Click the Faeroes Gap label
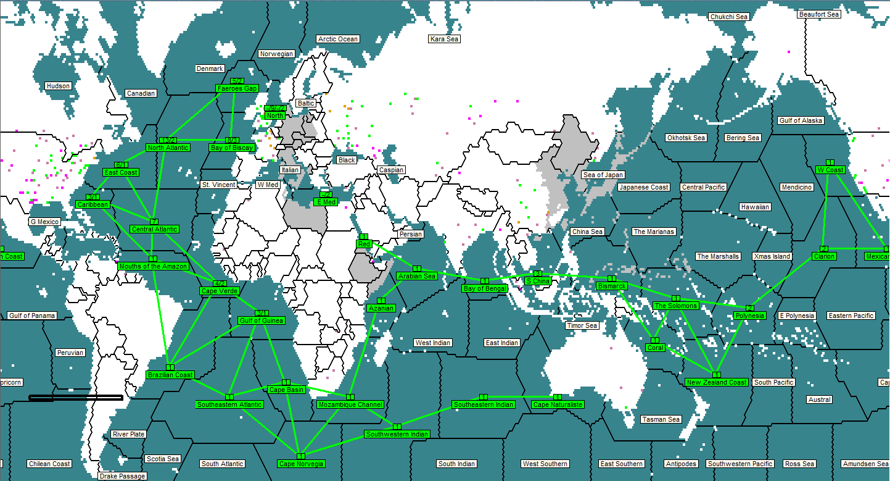pyautogui.click(x=237, y=88)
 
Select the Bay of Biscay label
pyautogui.click(x=232, y=148)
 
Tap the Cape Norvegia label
pyautogui.click(x=301, y=464)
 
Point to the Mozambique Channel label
pyautogui.click(x=350, y=404)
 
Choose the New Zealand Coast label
pyautogui.click(x=717, y=382)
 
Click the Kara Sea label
pyautogui.click(x=445, y=39)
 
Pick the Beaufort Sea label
pyautogui.click(x=819, y=14)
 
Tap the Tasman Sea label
pyautogui.click(x=661, y=419)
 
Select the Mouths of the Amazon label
pyautogui.click(x=153, y=266)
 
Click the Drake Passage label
pyautogui.click(x=123, y=476)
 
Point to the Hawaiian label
pyautogui.click(x=755, y=207)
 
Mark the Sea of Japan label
pyautogui.click(x=603, y=175)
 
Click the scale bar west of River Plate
pyautogui.click(x=76, y=398)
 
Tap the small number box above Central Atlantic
pyautogui.click(x=154, y=222)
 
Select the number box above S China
pyautogui.click(x=537, y=274)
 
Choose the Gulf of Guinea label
pyautogui.click(x=261, y=320)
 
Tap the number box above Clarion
pyautogui.click(x=824, y=249)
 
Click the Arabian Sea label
pyautogui.click(x=417, y=276)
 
